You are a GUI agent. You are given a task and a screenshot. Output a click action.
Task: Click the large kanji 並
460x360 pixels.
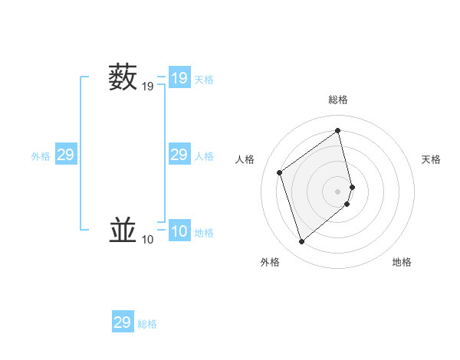tap(123, 231)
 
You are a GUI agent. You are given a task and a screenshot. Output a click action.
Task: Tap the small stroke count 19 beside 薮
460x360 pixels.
tap(147, 87)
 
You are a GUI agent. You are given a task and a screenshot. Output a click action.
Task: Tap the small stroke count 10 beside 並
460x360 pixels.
tap(147, 241)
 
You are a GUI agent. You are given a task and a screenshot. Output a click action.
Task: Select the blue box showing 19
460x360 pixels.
tap(179, 78)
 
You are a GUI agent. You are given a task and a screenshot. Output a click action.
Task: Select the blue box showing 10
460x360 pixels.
tap(179, 231)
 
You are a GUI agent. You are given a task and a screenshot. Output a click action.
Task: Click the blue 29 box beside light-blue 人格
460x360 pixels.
tap(179, 155)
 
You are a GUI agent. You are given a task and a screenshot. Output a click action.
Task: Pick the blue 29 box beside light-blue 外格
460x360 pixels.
tap(66, 155)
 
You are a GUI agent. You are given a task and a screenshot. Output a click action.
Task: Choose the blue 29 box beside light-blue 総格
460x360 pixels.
tap(123, 322)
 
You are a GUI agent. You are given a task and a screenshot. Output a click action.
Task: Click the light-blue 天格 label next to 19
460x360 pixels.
tap(204, 80)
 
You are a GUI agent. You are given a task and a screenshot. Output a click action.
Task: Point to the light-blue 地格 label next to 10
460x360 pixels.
tap(204, 233)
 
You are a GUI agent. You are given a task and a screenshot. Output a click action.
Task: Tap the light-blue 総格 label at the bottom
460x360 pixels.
tap(147, 324)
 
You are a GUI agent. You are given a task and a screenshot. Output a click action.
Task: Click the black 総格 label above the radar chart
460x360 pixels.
tap(338, 100)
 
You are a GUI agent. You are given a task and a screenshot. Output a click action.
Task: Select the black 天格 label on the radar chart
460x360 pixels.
tap(431, 159)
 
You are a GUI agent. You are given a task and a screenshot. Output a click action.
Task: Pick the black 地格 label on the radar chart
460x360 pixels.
tap(402, 262)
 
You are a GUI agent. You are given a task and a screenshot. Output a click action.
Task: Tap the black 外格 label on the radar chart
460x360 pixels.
tap(270, 262)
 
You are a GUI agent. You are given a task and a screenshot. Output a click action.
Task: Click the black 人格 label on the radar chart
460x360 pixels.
tap(245, 159)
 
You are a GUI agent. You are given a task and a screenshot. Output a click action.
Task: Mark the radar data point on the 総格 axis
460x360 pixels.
tap(338, 131)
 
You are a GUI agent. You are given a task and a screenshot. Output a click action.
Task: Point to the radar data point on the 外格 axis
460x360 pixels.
tap(301, 242)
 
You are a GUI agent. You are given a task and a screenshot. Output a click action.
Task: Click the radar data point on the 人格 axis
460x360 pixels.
tap(280, 172)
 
